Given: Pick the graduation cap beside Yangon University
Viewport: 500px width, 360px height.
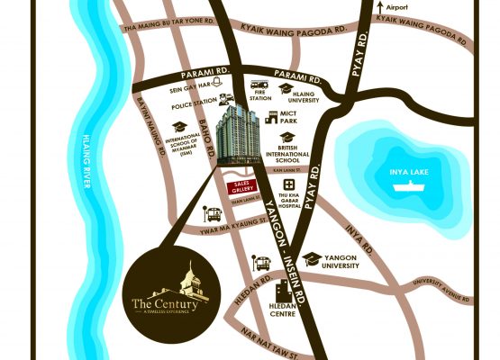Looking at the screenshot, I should pos(312,259).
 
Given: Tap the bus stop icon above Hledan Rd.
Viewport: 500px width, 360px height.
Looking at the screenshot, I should pos(263,264).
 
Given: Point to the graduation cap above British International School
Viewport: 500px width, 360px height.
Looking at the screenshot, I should pos(286,137).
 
